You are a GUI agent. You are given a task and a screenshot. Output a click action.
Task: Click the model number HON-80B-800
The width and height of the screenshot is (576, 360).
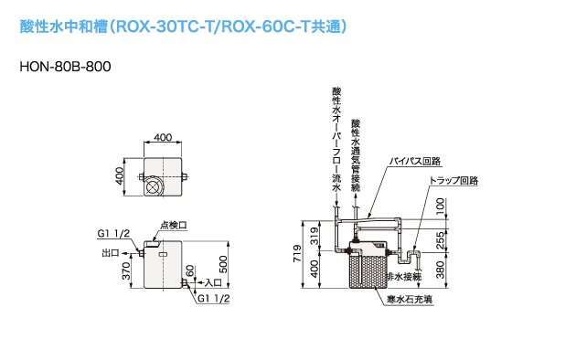65,67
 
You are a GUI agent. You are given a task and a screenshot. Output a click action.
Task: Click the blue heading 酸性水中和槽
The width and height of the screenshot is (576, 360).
64,26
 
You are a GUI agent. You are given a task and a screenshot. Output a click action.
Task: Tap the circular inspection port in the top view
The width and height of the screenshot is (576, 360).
154,186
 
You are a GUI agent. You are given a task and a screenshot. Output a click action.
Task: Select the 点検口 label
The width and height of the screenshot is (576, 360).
174,225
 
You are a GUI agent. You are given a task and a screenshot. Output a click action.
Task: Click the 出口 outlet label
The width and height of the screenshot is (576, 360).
111,253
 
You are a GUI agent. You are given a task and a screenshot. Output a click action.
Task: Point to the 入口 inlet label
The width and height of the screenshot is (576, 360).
213,282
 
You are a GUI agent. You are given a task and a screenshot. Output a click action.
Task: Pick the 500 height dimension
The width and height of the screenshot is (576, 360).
223,264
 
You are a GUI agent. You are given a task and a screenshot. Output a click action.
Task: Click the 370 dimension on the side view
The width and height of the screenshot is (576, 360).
126,270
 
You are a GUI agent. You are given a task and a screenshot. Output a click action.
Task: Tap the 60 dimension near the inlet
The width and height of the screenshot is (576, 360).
189,270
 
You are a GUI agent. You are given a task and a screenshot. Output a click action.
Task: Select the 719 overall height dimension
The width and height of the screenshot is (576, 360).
297,253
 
